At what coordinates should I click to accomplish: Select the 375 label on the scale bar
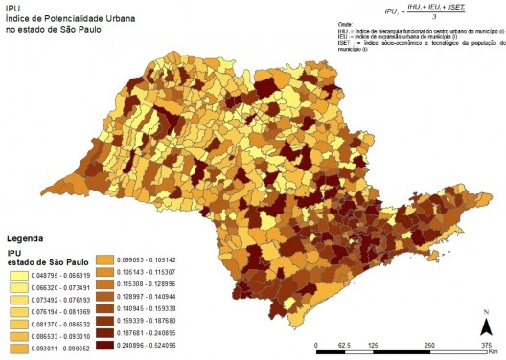486,342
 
